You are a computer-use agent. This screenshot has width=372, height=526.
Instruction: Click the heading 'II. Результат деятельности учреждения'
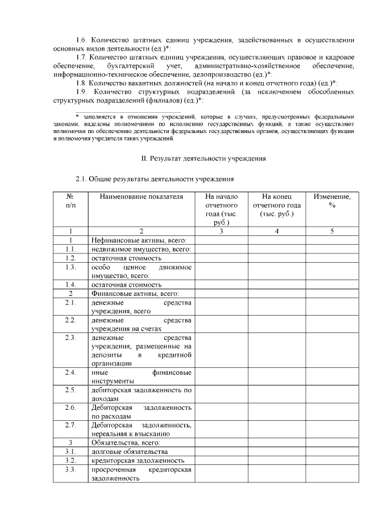pyautogui.click(x=204, y=158)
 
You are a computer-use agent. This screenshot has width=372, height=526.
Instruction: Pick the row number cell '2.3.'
pyautogui.click(x=70, y=338)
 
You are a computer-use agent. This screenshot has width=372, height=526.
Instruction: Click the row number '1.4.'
pyautogui.click(x=70, y=285)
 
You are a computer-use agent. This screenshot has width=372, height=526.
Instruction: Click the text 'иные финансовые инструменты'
pyautogui.click(x=141, y=376)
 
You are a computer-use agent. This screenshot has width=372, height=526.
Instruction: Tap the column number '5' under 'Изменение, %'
pyautogui.click(x=332, y=231)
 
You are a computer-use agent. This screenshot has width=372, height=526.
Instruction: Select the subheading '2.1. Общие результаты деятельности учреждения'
pyautogui.click(x=155, y=178)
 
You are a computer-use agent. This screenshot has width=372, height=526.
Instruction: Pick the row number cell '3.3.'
pyautogui.click(x=70, y=469)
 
